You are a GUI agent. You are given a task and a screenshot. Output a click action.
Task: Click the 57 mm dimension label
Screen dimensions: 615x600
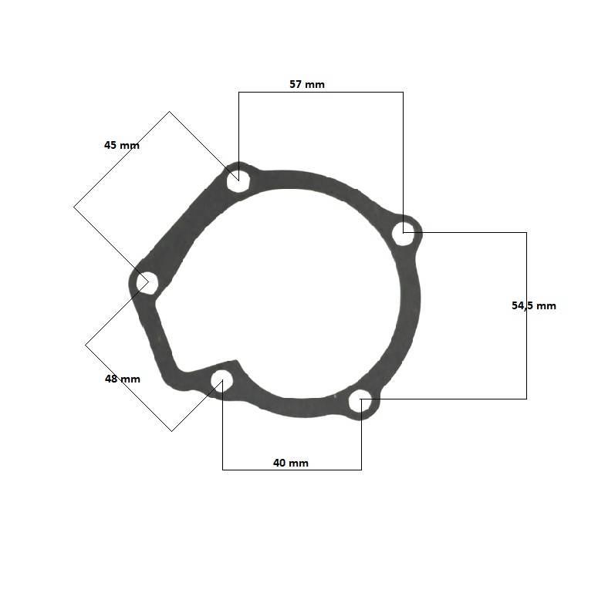(306, 84)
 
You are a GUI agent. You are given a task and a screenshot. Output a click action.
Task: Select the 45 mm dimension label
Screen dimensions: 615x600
(122, 146)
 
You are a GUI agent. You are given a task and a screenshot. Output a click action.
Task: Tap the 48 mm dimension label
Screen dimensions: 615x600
(123, 379)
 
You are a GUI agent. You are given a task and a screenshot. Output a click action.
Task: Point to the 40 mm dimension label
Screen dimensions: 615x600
(291, 463)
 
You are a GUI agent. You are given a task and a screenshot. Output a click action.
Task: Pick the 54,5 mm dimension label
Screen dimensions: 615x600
(534, 305)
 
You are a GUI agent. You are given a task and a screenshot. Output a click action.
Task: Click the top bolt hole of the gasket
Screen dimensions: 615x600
(238, 180)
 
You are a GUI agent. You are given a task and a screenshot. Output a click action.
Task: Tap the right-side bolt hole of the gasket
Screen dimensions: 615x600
(404, 234)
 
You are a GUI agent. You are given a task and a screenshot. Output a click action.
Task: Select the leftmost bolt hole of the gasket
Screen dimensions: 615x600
(147, 282)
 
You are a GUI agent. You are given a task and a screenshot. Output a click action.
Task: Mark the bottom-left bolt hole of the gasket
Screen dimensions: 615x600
(222, 381)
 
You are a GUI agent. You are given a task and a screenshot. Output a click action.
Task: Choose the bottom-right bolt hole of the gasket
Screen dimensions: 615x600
(360, 400)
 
